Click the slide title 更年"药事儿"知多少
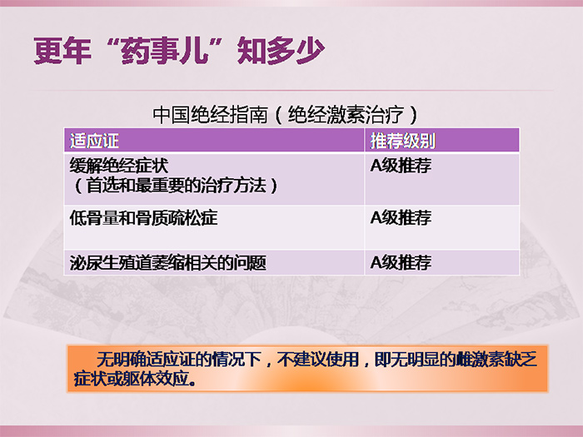coord(179,50)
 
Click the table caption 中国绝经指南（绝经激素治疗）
coord(286,115)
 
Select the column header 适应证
coord(94,141)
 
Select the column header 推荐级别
coord(402,141)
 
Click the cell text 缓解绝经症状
coord(119,166)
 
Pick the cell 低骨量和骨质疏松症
coord(143,218)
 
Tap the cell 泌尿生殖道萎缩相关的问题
coord(168,263)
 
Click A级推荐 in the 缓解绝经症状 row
coord(401,166)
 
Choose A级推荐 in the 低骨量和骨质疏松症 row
coord(401,218)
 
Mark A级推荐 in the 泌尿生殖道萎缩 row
coord(401,263)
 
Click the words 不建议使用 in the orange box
coord(318,360)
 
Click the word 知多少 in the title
coord(282,50)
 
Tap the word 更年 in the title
coord(62,50)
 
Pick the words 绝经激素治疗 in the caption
coord(346,115)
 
